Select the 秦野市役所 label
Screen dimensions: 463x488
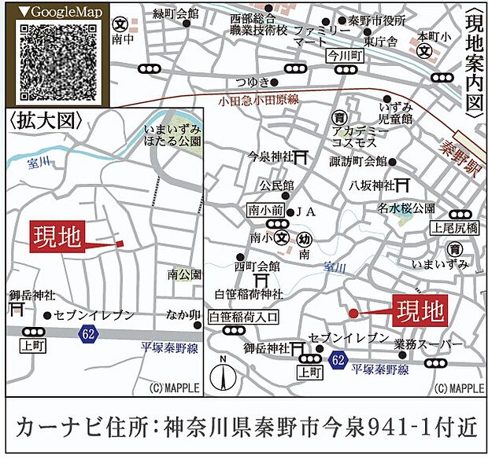click(x=376, y=21)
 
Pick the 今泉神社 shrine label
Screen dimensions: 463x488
click(x=269, y=156)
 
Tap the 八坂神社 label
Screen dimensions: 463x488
click(x=372, y=185)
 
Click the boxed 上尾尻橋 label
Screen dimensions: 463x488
click(x=454, y=228)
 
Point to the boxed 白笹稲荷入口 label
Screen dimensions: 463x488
click(x=243, y=317)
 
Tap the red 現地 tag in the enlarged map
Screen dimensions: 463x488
click(x=57, y=237)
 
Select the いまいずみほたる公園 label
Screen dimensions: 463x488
click(x=172, y=134)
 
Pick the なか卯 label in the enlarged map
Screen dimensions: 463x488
click(x=182, y=315)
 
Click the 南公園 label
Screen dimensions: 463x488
click(x=183, y=274)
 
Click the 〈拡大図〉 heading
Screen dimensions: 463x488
click(x=43, y=121)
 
